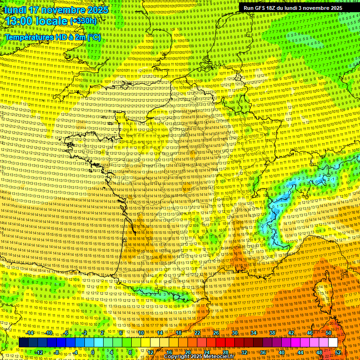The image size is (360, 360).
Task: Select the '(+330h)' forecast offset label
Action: pos(83,21)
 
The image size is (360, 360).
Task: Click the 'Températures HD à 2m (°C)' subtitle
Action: pos(52,37)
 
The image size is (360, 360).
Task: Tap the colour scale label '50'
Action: pos(328,333)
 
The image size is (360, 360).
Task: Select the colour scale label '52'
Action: pos(338,352)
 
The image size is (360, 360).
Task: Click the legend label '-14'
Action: pos(30,333)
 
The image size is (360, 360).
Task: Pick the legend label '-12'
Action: pos(39,352)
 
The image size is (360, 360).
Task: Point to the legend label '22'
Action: pos(197,333)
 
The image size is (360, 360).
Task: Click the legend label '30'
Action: pos(235,333)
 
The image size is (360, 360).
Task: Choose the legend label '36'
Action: pos(263,352)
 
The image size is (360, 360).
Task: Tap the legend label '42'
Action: pos(291,333)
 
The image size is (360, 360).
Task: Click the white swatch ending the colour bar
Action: pos(333,343)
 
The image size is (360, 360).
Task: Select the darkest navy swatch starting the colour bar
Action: pos(23,343)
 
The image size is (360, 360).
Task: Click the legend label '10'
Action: pos(141,333)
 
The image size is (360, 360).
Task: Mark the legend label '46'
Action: pos(310,333)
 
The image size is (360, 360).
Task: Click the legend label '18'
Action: pos(179,333)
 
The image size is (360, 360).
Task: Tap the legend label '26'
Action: pos(216,333)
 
